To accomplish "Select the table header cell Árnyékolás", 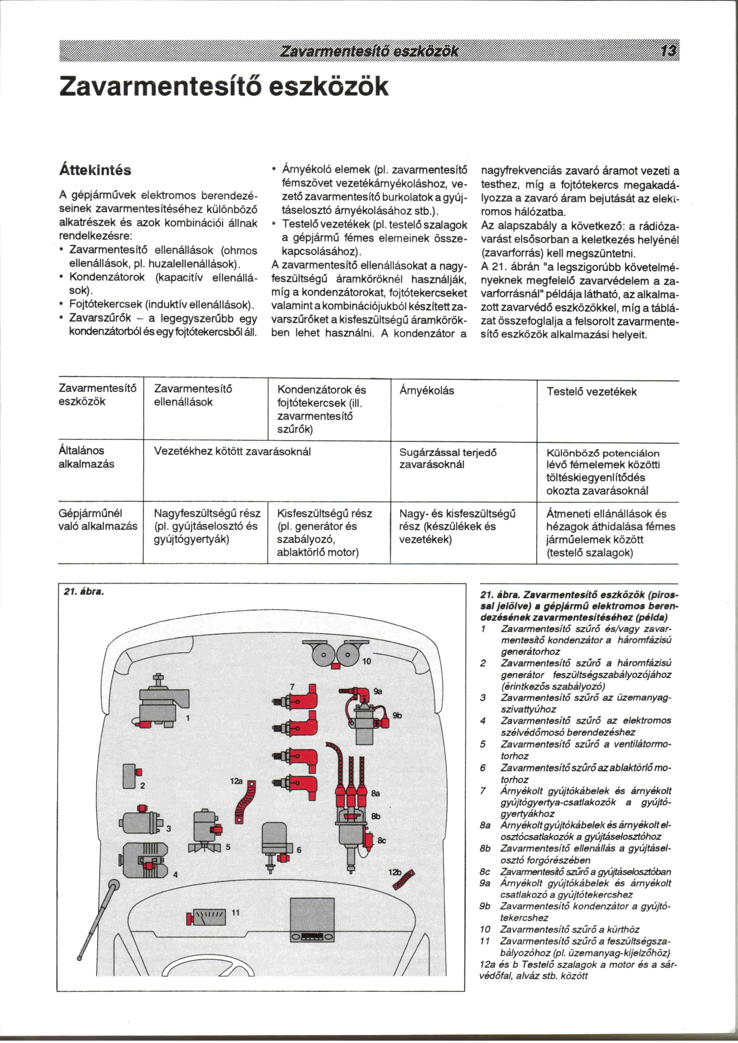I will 426,390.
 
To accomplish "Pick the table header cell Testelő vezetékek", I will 591,392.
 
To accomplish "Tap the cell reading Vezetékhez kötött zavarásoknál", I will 232,451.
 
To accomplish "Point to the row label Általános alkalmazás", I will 86,457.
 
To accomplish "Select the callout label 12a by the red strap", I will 236,781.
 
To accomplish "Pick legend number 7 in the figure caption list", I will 483,791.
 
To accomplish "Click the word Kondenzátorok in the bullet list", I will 107,277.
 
